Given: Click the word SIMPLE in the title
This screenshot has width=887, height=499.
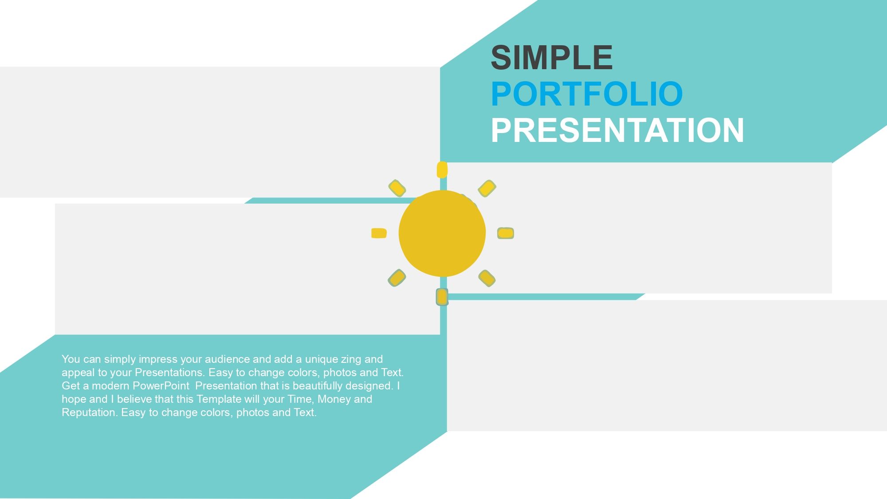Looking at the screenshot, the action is tap(552, 58).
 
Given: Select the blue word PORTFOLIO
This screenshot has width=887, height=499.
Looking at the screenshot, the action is tap(587, 94).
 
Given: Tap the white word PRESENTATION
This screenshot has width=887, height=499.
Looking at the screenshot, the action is tap(617, 130).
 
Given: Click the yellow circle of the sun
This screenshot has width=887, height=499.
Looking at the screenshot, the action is tap(442, 233).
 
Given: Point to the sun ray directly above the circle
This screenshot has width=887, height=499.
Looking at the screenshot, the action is tap(442, 170).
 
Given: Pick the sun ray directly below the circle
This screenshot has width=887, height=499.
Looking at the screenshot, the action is tap(442, 297).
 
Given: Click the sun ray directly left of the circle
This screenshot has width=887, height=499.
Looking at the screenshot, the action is tap(379, 233).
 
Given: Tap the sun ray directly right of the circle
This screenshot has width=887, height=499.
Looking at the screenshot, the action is tap(506, 233).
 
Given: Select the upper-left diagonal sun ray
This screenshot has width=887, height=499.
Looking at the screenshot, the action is tap(397, 188).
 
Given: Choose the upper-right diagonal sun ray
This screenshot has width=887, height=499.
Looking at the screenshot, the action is tap(487, 188).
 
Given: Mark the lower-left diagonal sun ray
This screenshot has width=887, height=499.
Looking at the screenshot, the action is tap(397, 278).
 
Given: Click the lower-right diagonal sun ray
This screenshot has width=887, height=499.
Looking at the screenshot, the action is tap(487, 278).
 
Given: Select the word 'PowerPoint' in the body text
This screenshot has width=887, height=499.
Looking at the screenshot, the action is tap(161, 385).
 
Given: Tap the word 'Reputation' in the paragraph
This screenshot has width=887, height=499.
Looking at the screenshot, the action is tap(90, 413).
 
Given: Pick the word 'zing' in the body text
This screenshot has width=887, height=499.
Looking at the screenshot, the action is tap(351, 359).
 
